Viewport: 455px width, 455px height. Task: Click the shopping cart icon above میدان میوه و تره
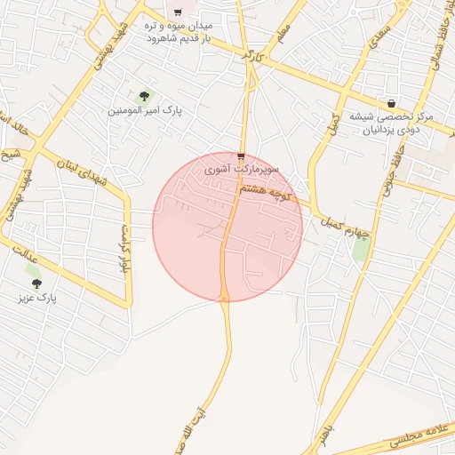(x=178, y=12)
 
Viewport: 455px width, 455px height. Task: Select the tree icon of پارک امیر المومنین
(x=144, y=95)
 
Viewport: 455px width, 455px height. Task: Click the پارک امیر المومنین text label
(x=144, y=111)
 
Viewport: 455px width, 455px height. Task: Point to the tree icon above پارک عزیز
(x=36, y=283)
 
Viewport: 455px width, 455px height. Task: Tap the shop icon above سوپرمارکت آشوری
(x=240, y=155)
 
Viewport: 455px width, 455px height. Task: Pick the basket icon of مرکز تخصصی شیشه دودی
(x=392, y=103)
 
